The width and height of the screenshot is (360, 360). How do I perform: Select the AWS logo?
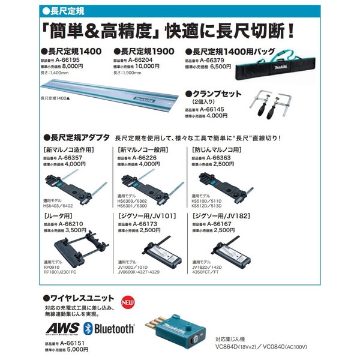60,328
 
